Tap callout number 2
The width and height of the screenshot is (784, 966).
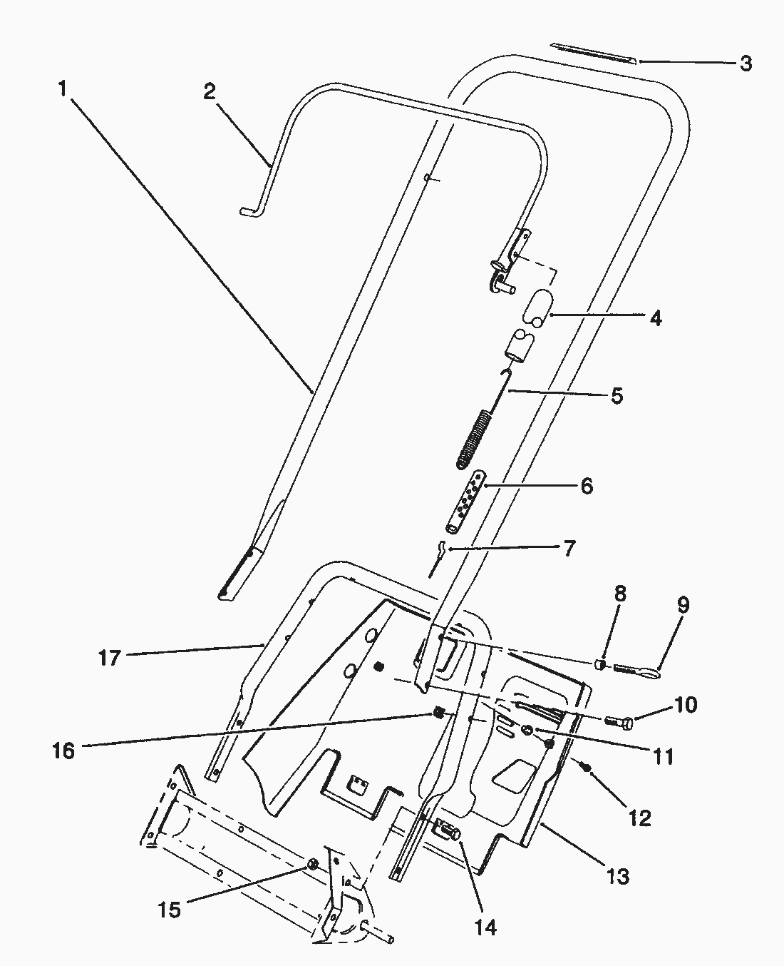[209, 92]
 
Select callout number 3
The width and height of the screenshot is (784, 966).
[745, 63]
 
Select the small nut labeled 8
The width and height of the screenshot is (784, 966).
[600, 665]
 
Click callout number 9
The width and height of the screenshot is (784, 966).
[683, 606]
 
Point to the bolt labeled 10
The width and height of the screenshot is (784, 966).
[619, 722]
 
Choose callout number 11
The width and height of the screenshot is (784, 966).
[664, 756]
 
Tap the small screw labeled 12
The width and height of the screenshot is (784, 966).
[585, 767]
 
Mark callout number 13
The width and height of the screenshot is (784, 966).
[618, 875]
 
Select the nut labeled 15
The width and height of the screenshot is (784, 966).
[312, 865]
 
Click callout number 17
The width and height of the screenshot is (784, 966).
[110, 657]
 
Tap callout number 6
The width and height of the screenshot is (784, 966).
[586, 486]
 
